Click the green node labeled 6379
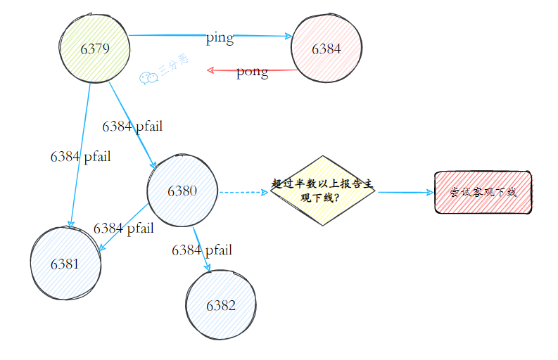95,49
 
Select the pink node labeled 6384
326,49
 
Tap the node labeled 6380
182,191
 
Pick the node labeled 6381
65,264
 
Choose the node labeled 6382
220,305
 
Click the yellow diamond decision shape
323,191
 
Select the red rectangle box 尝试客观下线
483,192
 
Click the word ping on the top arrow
220,38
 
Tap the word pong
252,71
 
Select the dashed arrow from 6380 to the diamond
243,191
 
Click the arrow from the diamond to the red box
405,192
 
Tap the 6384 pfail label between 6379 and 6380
132,126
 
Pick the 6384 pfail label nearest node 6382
202,250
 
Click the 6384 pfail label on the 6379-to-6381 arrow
80,156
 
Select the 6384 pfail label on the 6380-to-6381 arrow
123,228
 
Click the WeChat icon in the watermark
148,77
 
